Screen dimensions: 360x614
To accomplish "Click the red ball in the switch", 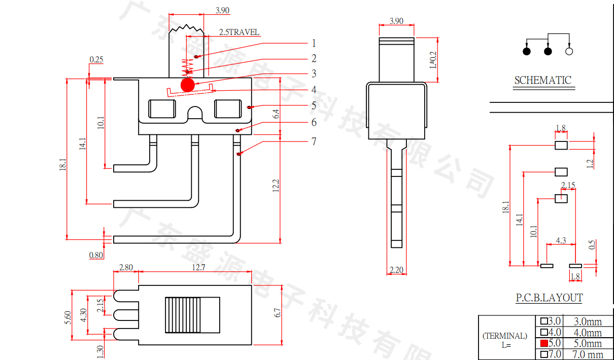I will pyautogui.click(x=187, y=85).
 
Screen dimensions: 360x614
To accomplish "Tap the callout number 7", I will pyautogui.click(x=314, y=141).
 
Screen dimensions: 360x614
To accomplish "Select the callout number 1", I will pyautogui.click(x=314, y=44).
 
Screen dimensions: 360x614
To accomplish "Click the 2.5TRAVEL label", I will pyautogui.click(x=239, y=32).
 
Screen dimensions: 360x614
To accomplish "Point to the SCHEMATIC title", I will pyautogui.click(x=542, y=80).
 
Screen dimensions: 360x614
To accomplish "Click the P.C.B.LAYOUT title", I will pyautogui.click(x=549, y=298).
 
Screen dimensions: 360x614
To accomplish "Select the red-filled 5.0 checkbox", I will pyautogui.click(x=544, y=343).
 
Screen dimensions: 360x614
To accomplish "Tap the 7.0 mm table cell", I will pyautogui.click(x=588, y=354).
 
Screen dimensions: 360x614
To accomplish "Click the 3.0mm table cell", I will pyautogui.click(x=588, y=321).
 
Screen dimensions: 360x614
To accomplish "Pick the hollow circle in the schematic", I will pyautogui.click(x=569, y=51).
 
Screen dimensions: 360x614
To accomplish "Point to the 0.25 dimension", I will pyautogui.click(x=96, y=60).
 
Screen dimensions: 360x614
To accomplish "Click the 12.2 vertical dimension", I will pyautogui.click(x=276, y=186).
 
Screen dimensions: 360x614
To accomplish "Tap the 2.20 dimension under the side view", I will pyautogui.click(x=396, y=270).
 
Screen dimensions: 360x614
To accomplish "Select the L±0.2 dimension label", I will pyautogui.click(x=433, y=60).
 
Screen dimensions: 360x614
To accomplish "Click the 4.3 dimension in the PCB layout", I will pyautogui.click(x=561, y=240).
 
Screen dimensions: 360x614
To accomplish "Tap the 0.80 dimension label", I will pyautogui.click(x=96, y=255).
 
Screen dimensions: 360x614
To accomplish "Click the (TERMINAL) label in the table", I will pyautogui.click(x=505, y=336).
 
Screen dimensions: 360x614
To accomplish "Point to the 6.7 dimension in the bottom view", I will pyautogui.click(x=277, y=314).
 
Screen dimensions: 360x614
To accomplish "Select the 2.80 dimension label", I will pyautogui.click(x=126, y=268).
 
